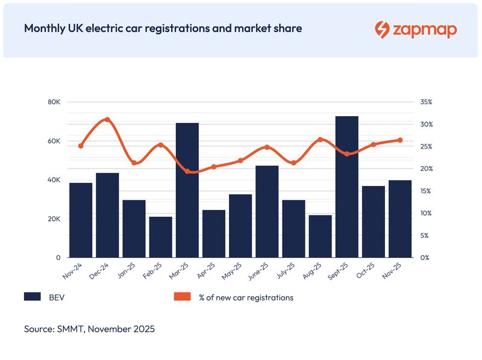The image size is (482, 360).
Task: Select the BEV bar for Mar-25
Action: [x=187, y=190]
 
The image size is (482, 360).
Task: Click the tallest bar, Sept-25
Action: [x=347, y=187]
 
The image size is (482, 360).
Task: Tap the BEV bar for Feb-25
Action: [x=161, y=237]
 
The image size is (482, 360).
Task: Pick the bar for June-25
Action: [x=267, y=211]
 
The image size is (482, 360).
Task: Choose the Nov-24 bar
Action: [x=81, y=220]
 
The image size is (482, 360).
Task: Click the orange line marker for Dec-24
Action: [x=107, y=119]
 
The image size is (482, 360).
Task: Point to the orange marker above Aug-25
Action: [x=321, y=140]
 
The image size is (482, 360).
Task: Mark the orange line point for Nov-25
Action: [x=400, y=140]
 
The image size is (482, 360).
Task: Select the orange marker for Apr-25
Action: [x=214, y=167]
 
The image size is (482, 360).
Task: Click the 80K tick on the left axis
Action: [x=54, y=102]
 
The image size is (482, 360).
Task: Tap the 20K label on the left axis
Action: [x=54, y=219]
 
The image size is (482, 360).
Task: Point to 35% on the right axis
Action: [x=427, y=102]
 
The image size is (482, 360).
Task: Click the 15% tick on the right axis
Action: [x=427, y=191]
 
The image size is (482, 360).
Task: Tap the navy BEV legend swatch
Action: [x=32, y=297]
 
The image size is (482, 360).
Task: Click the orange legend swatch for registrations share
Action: [x=182, y=297]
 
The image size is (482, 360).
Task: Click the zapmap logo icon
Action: [x=382, y=29]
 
